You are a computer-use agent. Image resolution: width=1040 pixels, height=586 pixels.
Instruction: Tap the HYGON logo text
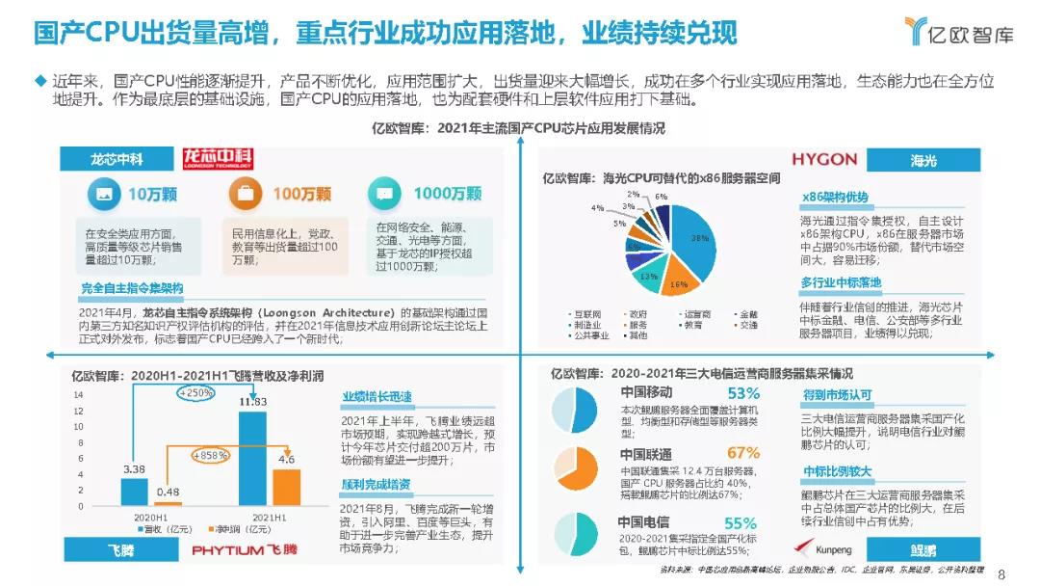pyautogui.click(x=824, y=159)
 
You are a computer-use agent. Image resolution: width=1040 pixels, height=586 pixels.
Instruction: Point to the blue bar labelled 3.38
pyautogui.click(x=134, y=492)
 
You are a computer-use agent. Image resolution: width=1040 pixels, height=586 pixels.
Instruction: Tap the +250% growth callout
pyautogui.click(x=197, y=393)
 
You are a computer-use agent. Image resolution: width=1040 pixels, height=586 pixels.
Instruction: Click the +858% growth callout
pyautogui.click(x=210, y=455)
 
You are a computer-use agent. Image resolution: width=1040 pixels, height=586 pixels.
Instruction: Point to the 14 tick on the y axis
pyautogui.click(x=79, y=394)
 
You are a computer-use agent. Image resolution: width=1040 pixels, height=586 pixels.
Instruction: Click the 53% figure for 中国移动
pyautogui.click(x=743, y=393)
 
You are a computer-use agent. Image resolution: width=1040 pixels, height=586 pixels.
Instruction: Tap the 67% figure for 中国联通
pyautogui.click(x=743, y=453)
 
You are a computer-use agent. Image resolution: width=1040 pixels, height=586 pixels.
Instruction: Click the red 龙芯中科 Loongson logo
pyautogui.click(x=219, y=159)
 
